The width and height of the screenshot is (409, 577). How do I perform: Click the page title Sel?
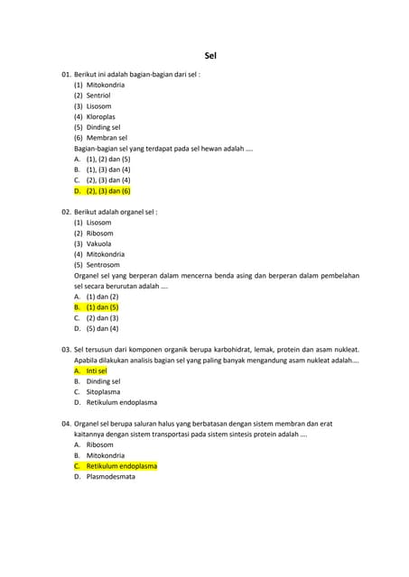(x=209, y=56)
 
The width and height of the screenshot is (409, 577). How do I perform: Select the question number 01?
(x=66, y=74)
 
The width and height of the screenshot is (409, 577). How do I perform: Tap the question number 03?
(x=66, y=349)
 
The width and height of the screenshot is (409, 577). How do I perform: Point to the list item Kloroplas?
(x=100, y=116)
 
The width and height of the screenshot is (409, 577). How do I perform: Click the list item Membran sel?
(x=107, y=138)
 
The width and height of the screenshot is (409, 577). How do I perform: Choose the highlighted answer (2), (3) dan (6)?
(x=108, y=191)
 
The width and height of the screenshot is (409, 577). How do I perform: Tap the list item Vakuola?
(x=99, y=243)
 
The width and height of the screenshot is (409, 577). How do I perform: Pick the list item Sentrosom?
(x=103, y=265)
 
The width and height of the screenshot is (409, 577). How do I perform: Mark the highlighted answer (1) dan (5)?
(x=102, y=307)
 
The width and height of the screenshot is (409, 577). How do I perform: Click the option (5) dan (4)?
(x=102, y=328)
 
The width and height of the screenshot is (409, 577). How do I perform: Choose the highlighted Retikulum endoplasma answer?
(x=122, y=466)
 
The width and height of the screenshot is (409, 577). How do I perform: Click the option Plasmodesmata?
(x=111, y=476)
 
